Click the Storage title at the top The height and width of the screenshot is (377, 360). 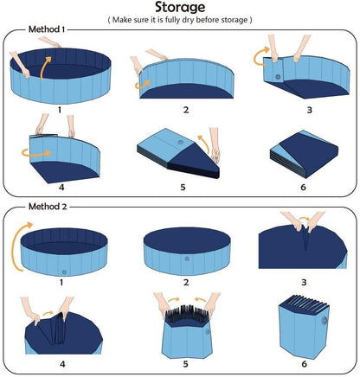pyautogui.click(x=179, y=10)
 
